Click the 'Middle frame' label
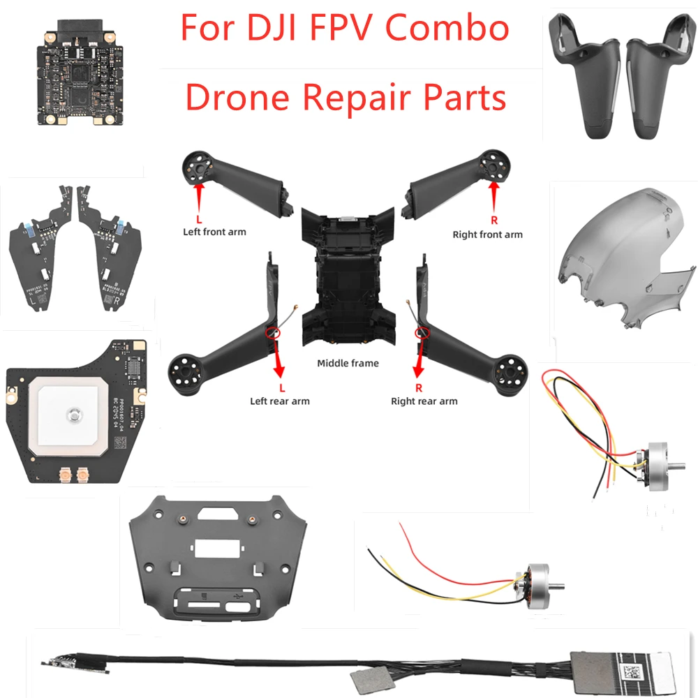(348, 363)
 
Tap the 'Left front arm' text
(214, 232)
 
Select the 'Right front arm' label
(487, 235)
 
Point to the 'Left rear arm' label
(280, 401)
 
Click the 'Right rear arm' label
(424, 401)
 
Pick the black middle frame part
(348, 272)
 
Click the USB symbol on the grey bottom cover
(242, 597)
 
